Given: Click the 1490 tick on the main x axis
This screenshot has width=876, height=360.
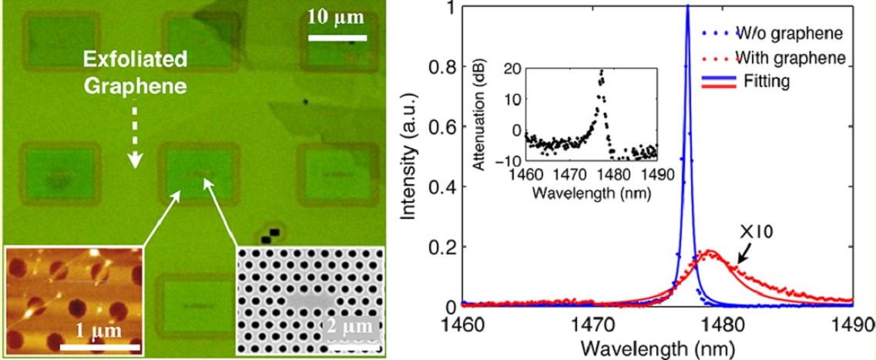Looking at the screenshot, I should [850, 321].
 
